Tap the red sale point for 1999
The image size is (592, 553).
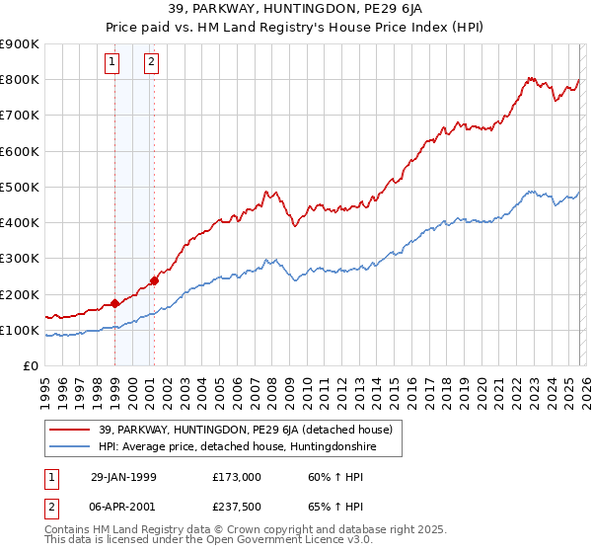[115, 304]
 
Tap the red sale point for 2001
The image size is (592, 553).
[154, 280]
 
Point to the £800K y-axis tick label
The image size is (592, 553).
[20, 80]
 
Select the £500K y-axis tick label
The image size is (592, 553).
[20, 187]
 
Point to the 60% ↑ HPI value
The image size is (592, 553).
[333, 477]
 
